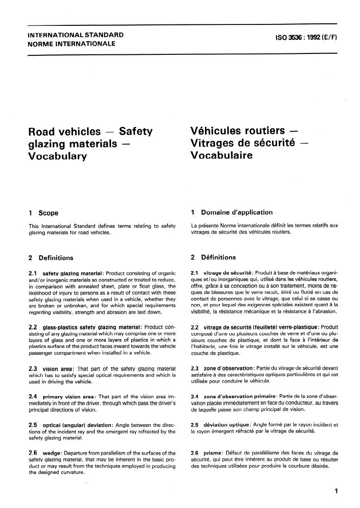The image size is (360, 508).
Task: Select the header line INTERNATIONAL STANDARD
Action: tap(76, 35)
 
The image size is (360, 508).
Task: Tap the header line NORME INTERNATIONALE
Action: tap(72, 44)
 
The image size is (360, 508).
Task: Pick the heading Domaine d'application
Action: tap(237, 212)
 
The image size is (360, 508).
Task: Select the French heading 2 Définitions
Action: tap(214, 257)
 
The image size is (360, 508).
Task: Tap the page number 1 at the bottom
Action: tap(336, 491)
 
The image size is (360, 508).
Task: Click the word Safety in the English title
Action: tap(136, 132)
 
